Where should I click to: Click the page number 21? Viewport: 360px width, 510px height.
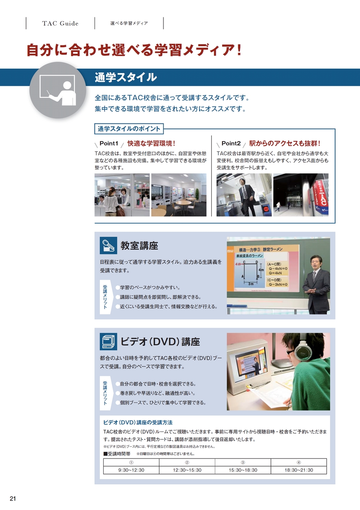[x=13, y=498]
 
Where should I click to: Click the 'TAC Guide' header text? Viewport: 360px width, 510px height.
[x=60, y=24]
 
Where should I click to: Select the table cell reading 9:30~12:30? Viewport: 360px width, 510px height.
[x=131, y=470]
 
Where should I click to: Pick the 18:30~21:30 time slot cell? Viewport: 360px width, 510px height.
[x=299, y=470]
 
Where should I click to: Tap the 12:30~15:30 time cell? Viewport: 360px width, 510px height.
[x=187, y=470]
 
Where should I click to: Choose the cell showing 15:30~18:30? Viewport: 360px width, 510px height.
[x=243, y=470]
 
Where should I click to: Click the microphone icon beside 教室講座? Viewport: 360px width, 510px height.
[x=109, y=246]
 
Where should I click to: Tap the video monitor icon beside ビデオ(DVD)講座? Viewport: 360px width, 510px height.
[x=109, y=342]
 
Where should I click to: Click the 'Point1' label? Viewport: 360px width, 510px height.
[x=109, y=144]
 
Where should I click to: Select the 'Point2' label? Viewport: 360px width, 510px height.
[x=231, y=144]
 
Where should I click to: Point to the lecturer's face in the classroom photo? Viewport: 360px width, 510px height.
[x=317, y=262]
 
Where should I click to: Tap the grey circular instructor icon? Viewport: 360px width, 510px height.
[x=58, y=90]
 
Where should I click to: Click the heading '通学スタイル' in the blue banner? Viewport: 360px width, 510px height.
[x=126, y=77]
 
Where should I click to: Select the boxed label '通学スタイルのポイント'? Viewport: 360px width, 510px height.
[x=129, y=129]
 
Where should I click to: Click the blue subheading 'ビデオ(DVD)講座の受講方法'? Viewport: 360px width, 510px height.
[x=138, y=423]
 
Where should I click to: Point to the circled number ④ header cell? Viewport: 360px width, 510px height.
[x=299, y=463]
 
